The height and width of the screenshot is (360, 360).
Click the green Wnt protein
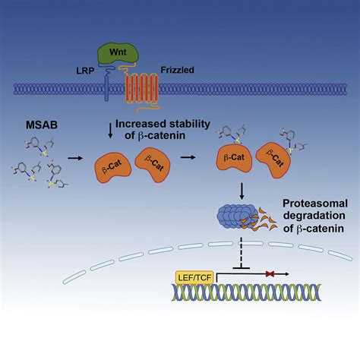click(118, 52)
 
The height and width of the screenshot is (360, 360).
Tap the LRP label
click(85, 71)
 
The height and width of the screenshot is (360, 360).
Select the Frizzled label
click(178, 70)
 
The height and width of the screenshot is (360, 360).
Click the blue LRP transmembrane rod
click(106, 89)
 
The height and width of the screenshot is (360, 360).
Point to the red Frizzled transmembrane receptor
click(142, 88)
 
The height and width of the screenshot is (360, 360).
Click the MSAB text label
click(42, 125)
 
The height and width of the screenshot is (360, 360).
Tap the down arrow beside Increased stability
click(110, 131)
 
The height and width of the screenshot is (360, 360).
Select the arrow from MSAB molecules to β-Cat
click(75, 159)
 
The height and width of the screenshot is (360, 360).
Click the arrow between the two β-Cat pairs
click(188, 157)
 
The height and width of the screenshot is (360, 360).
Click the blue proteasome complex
click(237, 216)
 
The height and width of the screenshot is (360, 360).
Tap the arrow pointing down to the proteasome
click(242, 191)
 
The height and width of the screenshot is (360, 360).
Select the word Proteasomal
click(315, 204)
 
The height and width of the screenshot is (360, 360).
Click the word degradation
click(314, 216)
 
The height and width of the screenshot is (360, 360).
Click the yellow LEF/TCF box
click(194, 278)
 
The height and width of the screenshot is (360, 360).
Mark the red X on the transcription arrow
click(270, 273)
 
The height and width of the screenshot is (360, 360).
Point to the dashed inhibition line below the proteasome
click(242, 253)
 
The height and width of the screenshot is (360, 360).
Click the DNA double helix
click(246, 292)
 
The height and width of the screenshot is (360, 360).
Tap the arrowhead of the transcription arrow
click(287, 274)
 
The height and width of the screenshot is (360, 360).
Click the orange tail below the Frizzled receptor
click(148, 109)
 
